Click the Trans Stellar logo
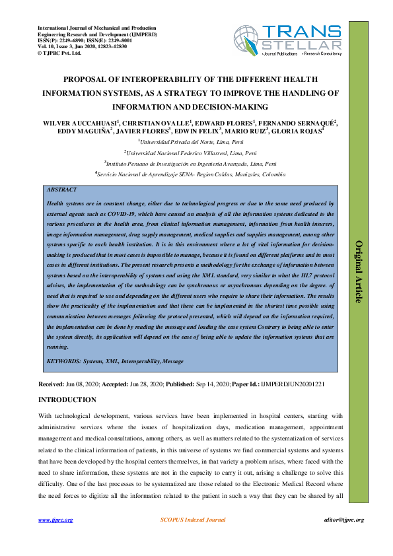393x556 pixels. (287, 42)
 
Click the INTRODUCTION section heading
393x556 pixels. (67, 400)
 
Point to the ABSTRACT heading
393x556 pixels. (62, 190)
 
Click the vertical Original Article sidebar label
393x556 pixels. (359, 271)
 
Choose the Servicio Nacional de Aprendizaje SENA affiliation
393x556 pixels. (191, 174)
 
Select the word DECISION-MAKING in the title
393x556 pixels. (227, 106)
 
